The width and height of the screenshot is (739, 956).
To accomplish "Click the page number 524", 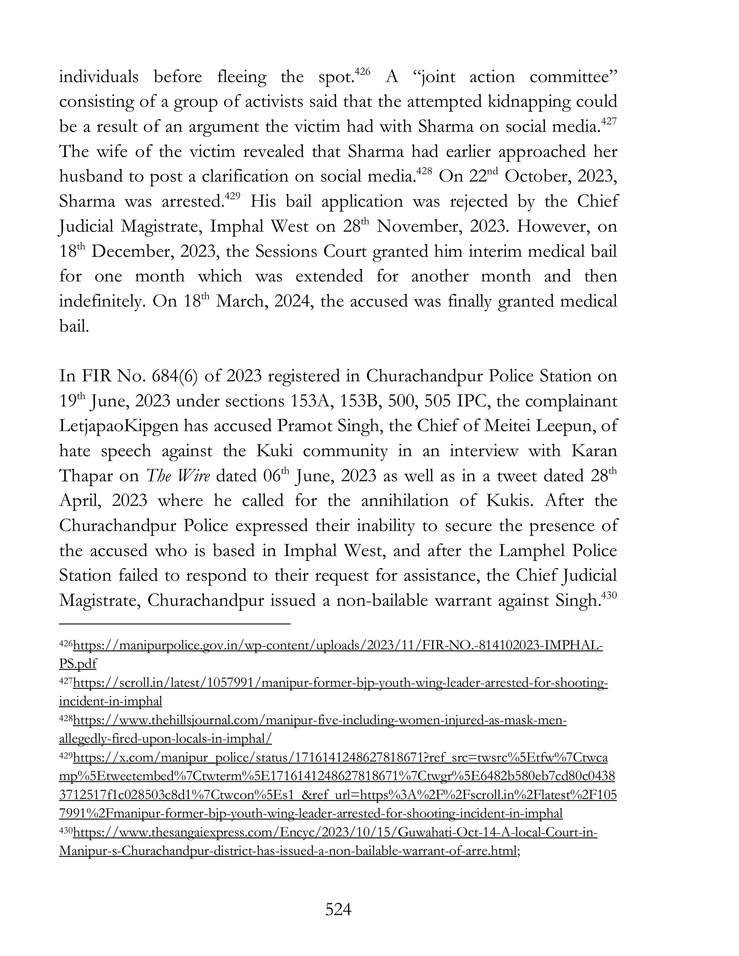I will (x=338, y=909).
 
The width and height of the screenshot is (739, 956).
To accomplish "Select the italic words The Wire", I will (x=177, y=476).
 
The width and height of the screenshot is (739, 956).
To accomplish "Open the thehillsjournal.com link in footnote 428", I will (x=320, y=720).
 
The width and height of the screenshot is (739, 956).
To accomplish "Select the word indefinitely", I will (x=101, y=302).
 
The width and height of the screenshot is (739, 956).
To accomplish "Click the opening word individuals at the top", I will (x=99, y=77).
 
